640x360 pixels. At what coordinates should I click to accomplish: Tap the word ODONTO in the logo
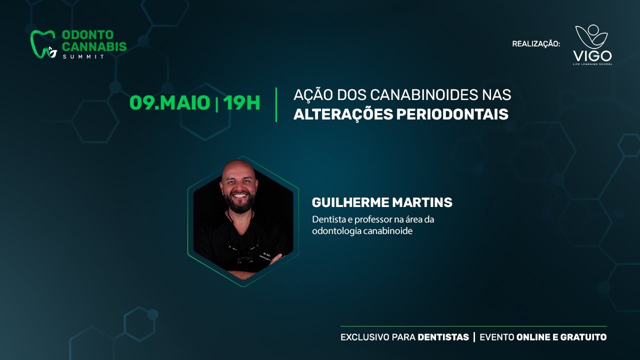point(87,35)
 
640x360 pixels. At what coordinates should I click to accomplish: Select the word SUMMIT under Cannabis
point(83,56)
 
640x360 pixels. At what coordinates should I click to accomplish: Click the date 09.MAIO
point(169,103)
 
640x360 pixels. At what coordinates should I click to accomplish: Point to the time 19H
point(242,103)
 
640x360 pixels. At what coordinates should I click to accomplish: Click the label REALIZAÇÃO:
point(536,44)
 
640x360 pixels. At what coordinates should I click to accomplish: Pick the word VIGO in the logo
point(592,56)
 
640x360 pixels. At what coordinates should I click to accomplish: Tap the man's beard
point(240,202)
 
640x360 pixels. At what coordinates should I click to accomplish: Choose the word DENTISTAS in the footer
point(443,337)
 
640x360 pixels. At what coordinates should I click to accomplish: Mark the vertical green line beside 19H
point(276,104)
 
